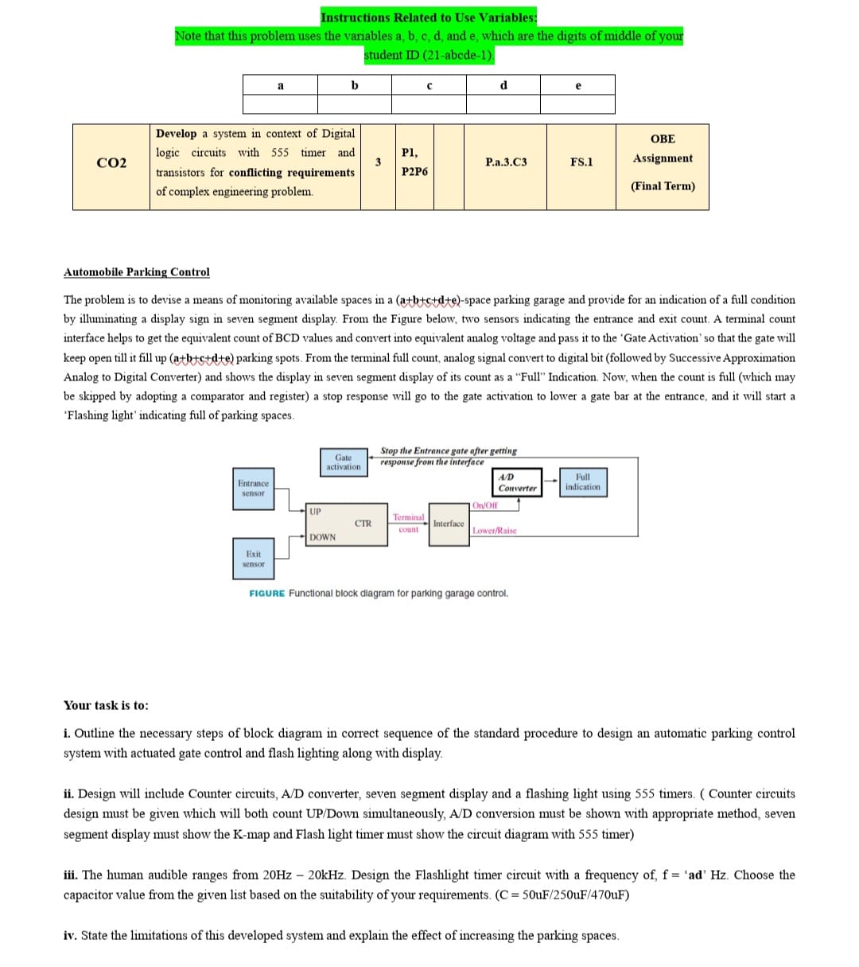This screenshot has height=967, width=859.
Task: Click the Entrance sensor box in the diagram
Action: coord(254,489)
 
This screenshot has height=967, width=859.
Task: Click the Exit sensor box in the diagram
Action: coord(253,559)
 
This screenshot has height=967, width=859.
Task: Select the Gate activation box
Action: coord(344,462)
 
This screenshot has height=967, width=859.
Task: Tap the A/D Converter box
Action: coord(517,482)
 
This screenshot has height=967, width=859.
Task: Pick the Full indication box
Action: coord(582,482)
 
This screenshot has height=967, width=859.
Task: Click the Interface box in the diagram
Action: coord(449,524)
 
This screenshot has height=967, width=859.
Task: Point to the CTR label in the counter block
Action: coord(363,523)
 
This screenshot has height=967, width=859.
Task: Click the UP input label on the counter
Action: coord(316,510)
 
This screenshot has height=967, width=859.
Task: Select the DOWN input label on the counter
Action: coord(322,537)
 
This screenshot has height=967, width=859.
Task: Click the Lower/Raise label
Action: coord(494,531)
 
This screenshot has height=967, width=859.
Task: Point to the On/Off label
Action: coord(484,505)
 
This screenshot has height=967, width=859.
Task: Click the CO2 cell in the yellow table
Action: coord(111,163)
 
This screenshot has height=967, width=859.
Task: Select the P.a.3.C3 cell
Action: coord(506,162)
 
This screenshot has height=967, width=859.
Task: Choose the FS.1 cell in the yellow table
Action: coord(581,162)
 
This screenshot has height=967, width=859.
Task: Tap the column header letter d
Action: coord(503,85)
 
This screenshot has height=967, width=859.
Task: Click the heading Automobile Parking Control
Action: coord(137,272)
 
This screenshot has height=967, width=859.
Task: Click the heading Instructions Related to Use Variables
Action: coord(429,18)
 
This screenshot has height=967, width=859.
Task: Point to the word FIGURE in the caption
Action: coord(266,593)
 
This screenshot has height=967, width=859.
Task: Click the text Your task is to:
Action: coord(106,705)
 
